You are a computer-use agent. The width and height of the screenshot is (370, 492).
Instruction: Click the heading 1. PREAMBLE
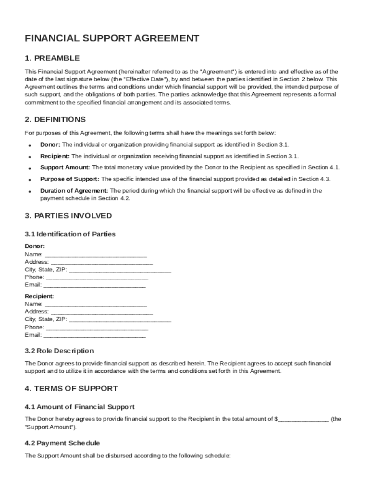click(x=52, y=58)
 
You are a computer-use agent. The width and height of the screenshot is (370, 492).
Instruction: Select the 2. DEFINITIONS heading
click(x=55, y=119)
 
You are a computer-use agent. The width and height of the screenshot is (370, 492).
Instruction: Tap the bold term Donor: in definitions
click(x=50, y=145)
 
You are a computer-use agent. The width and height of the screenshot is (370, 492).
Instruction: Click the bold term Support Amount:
click(x=65, y=168)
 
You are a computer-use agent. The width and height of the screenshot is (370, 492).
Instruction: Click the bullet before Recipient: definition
click(x=30, y=157)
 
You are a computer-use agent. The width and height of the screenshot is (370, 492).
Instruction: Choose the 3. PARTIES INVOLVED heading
click(x=68, y=216)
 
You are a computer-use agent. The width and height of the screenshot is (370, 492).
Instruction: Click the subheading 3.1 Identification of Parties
click(x=70, y=234)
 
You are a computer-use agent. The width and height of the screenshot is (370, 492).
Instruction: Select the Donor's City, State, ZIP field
click(x=120, y=271)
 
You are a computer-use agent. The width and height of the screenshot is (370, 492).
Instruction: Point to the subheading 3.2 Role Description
click(x=59, y=351)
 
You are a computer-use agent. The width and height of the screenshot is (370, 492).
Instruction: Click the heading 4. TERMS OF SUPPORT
click(x=71, y=388)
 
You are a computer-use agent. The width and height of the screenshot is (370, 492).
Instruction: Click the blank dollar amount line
click(x=303, y=419)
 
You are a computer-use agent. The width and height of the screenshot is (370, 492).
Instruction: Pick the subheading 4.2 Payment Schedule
click(x=62, y=443)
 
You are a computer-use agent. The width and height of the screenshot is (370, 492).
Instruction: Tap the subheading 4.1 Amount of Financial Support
click(x=80, y=407)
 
